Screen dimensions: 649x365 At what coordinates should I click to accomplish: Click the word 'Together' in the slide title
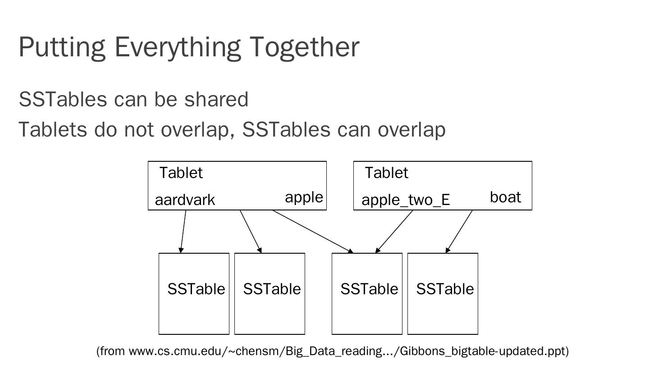pos(304,47)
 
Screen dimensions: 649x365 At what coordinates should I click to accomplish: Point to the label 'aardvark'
pos(185,200)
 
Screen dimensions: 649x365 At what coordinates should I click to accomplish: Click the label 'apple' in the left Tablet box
pos(304,197)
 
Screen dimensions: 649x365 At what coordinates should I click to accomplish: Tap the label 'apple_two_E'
pos(406,200)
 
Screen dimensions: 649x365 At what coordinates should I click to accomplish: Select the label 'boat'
pos(505,197)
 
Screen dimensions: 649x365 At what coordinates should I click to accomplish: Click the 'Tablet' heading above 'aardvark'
pos(181,173)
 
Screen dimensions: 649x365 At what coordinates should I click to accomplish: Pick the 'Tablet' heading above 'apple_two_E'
pos(387,173)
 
